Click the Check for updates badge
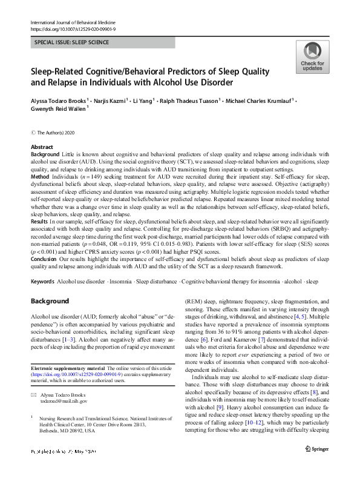[x=312, y=58]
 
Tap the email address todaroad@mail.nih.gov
[x=64, y=401]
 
